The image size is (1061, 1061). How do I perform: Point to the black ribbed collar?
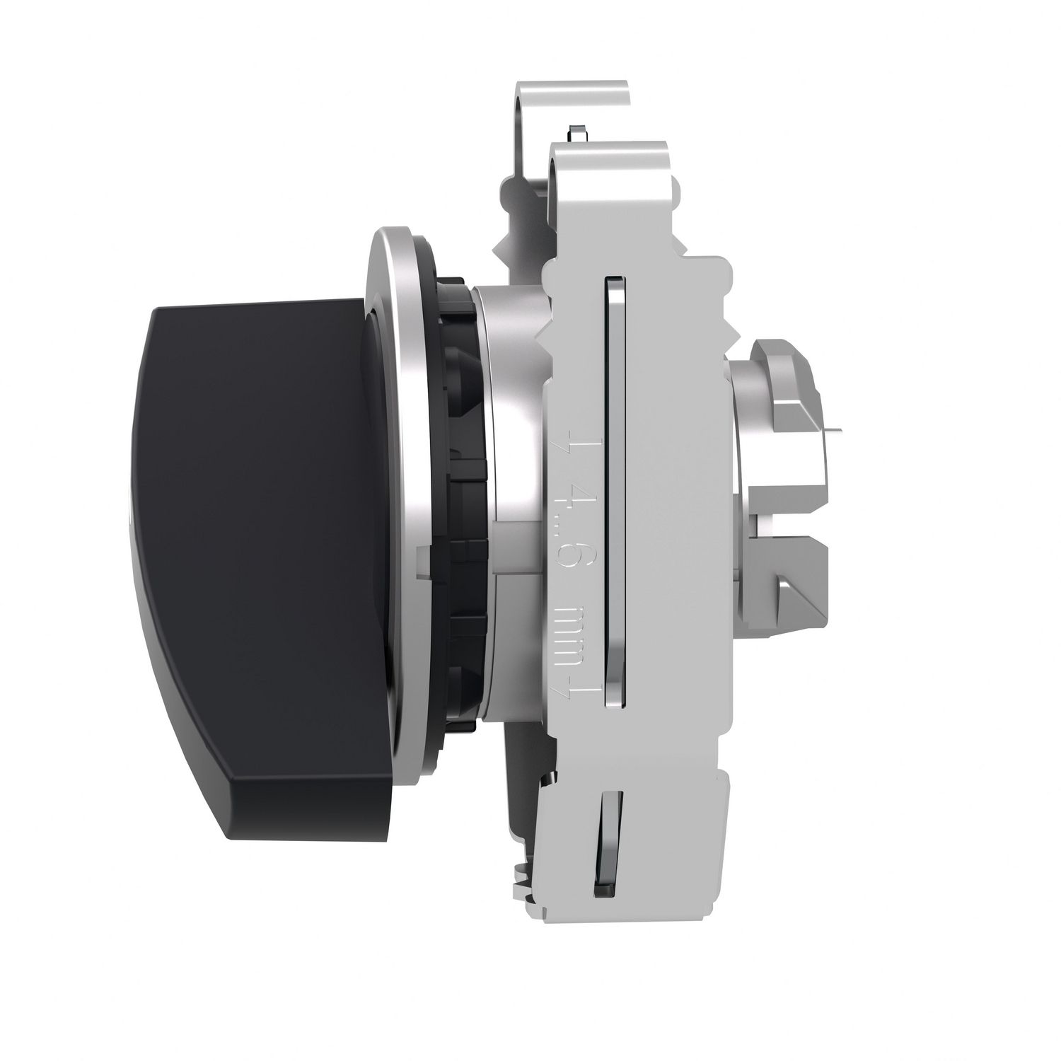[460, 538]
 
